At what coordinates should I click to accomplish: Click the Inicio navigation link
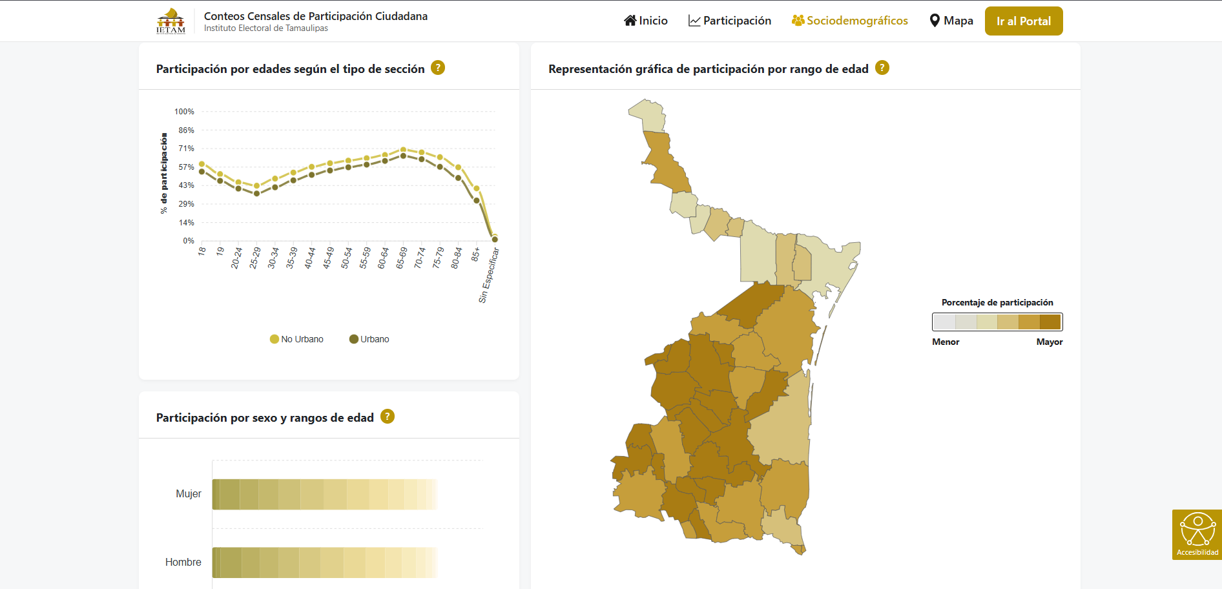point(646,21)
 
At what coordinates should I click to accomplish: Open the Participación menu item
point(730,21)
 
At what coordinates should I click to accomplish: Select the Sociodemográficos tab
point(850,21)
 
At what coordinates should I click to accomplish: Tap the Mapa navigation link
point(951,21)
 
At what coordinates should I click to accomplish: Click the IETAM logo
point(171,21)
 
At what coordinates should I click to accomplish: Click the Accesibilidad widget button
point(1197,534)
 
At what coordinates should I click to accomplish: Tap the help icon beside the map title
point(882,68)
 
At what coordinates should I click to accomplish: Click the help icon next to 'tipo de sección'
point(438,68)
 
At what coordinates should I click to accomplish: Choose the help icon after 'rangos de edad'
point(388,417)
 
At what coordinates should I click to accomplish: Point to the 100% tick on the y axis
point(184,112)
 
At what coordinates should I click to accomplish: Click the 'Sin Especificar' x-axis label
point(489,276)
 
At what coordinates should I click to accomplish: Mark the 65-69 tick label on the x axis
point(402,258)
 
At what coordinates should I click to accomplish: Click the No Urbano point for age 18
point(202,164)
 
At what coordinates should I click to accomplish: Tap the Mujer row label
point(189,494)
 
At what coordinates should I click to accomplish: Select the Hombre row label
point(183,563)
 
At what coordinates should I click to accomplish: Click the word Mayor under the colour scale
point(1049,342)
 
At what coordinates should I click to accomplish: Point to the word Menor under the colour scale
point(946,342)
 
